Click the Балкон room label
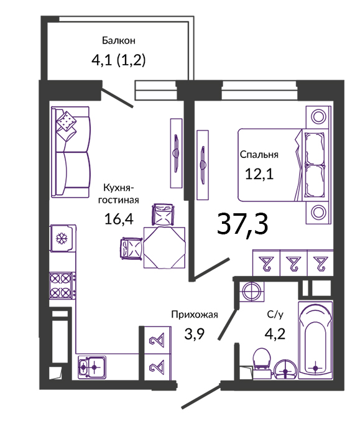[x=119, y=40]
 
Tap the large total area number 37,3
[x=242, y=224]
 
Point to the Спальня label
[x=259, y=155]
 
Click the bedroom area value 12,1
[x=259, y=173]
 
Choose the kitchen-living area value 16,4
[x=119, y=219]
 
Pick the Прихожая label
[x=195, y=315]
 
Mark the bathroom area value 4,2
[x=275, y=333]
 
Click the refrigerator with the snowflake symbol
[x=62, y=238]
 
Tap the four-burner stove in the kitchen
[x=62, y=285]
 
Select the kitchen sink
[x=92, y=367]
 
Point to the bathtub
[x=315, y=340]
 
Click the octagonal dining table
[x=164, y=247]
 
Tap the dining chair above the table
[x=163, y=214]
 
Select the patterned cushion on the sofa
[x=66, y=121]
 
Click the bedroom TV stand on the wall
[x=203, y=165]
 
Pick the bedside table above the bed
[x=318, y=118]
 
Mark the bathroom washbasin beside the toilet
[x=285, y=369]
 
